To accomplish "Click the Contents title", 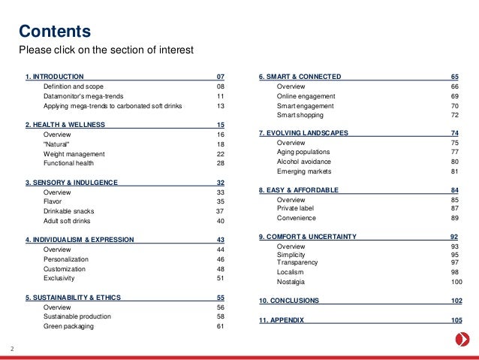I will (x=55, y=32).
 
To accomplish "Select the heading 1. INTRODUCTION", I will (x=54, y=77).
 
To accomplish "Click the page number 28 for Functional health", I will (x=221, y=163).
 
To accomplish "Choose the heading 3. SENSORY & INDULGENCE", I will (x=72, y=183).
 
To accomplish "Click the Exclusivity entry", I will (x=60, y=278).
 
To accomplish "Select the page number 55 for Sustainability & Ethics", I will (x=221, y=298).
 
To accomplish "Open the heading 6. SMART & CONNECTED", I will (x=300, y=77).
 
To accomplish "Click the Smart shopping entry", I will (x=301, y=116).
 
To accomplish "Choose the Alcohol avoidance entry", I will (x=305, y=162).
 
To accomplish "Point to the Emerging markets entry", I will (x=304, y=171).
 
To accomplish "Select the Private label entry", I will (x=297, y=208).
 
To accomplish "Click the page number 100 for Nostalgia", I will (x=456, y=281).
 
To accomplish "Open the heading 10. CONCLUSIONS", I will (x=289, y=301).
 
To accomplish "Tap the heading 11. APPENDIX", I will (x=282, y=320).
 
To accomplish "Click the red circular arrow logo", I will (x=464, y=340).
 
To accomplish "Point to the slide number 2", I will (x=12, y=348).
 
